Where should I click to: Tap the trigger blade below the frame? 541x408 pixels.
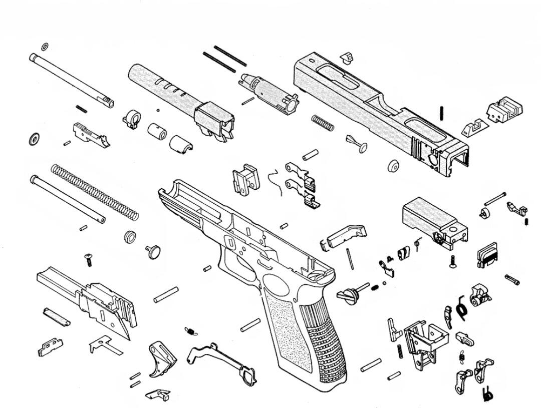coord(161,358)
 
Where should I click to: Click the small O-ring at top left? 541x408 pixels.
coord(45,47)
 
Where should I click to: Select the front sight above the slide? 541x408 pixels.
coord(345,57)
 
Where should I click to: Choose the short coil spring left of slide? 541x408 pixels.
coord(323,122)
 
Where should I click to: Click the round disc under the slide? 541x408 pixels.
coord(393,166)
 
